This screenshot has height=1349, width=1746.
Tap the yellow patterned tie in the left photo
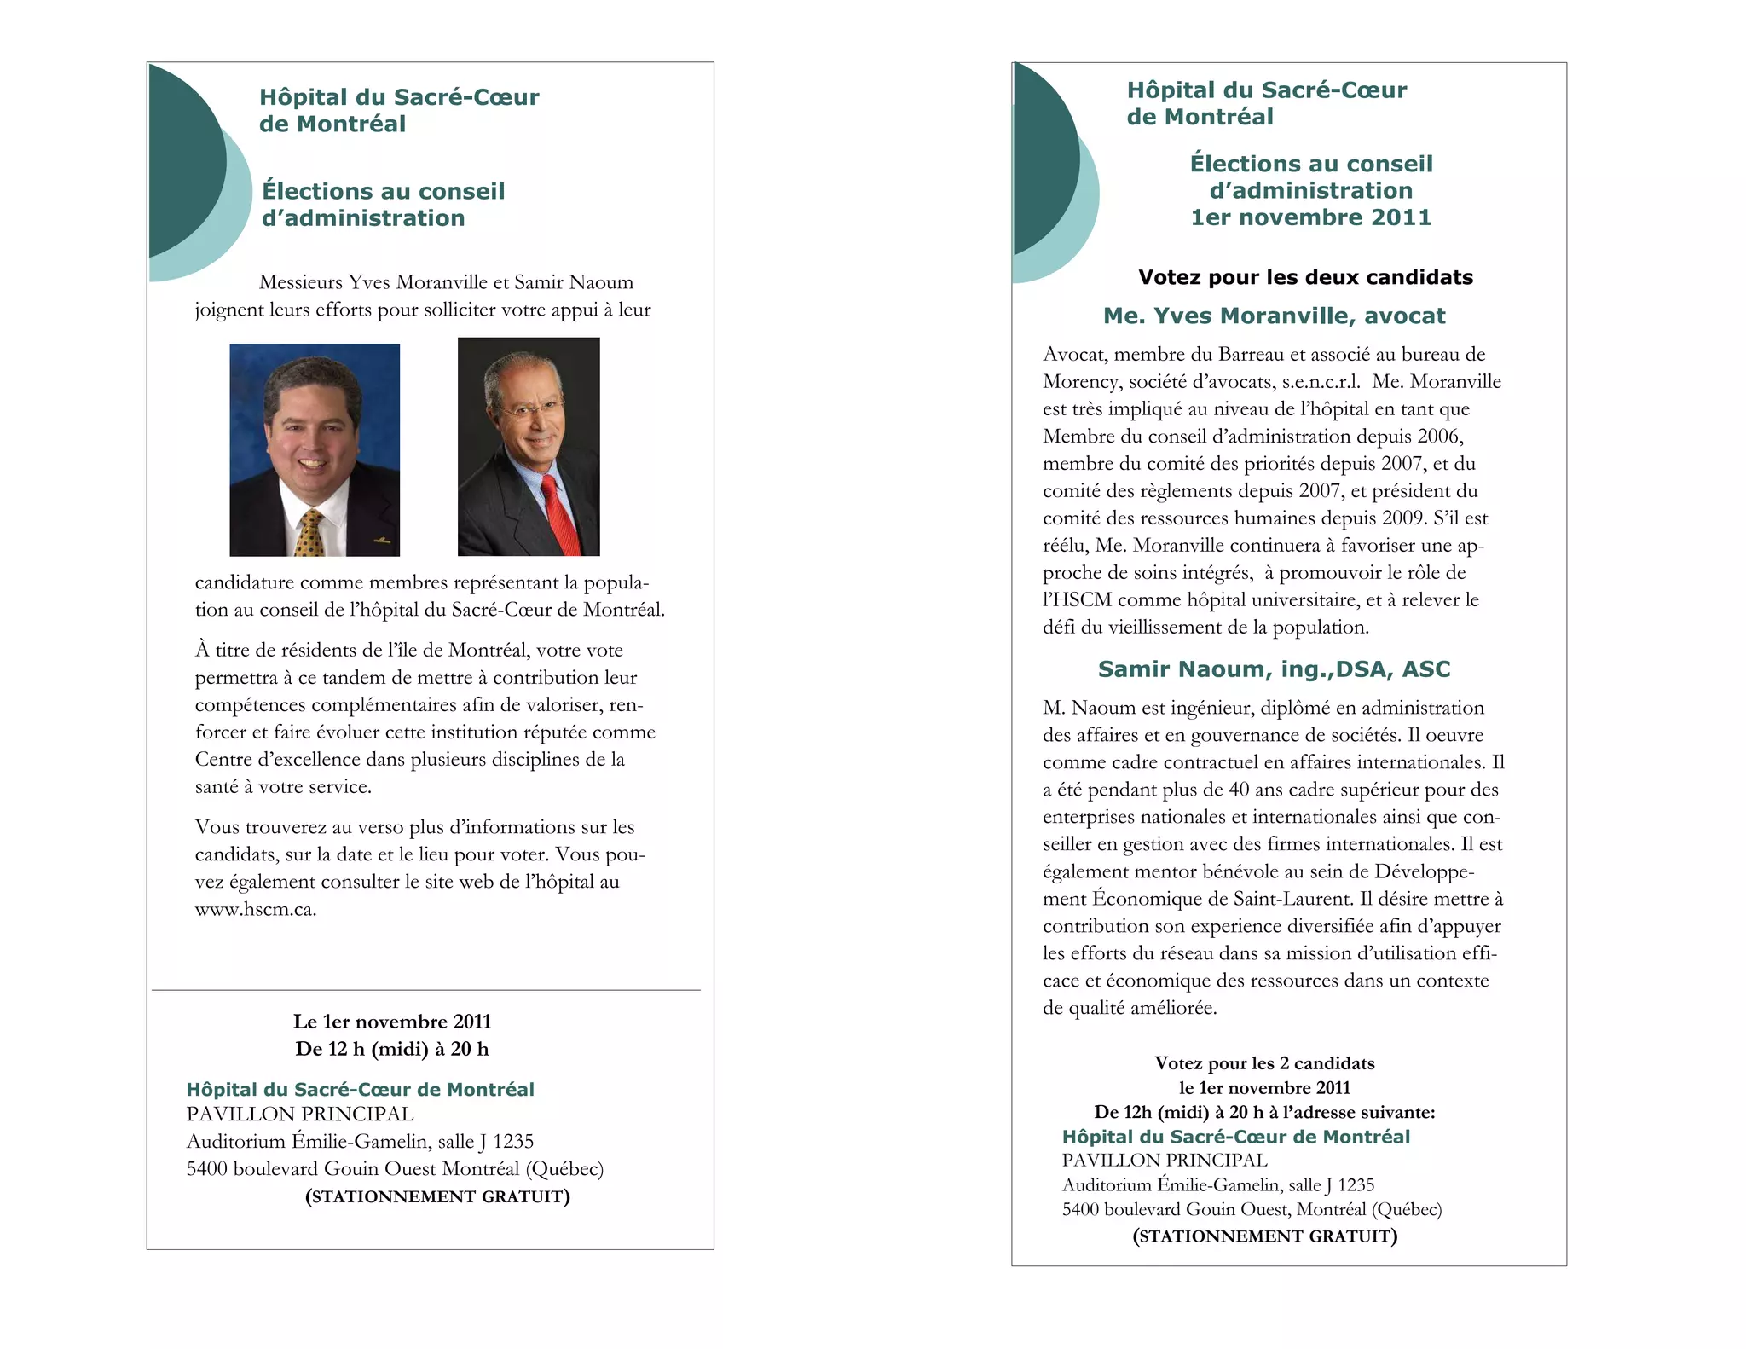pyautogui.click(x=310, y=534)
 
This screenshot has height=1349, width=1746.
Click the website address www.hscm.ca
pyautogui.click(x=256, y=909)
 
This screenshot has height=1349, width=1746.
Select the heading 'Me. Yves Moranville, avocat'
pyautogui.click(x=1274, y=316)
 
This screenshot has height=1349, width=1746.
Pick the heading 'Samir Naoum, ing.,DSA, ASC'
pyautogui.click(x=1274, y=669)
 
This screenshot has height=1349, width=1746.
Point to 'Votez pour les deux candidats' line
pyautogui.click(x=1305, y=277)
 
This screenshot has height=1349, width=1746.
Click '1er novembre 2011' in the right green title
pyautogui.click(x=1310, y=217)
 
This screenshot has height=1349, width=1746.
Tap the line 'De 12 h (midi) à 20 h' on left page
pyautogui.click(x=392, y=1049)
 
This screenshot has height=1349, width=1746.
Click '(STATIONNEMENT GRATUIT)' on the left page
pyautogui.click(x=437, y=1196)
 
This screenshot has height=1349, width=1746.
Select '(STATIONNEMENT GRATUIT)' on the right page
pyautogui.click(x=1264, y=1236)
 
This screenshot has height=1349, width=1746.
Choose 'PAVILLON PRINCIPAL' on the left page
pyautogui.click(x=300, y=1114)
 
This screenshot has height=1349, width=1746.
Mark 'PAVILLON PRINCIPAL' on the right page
pyautogui.click(x=1165, y=1160)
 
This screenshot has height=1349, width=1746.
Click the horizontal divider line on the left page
pyautogui.click(x=426, y=990)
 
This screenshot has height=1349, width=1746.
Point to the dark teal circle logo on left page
pyautogui.click(x=183, y=160)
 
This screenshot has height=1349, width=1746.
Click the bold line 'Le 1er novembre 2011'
pyautogui.click(x=392, y=1022)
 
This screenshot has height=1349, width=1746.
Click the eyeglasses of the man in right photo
pyautogui.click(x=533, y=409)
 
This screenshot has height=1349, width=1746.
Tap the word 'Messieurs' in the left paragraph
pyautogui.click(x=301, y=282)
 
